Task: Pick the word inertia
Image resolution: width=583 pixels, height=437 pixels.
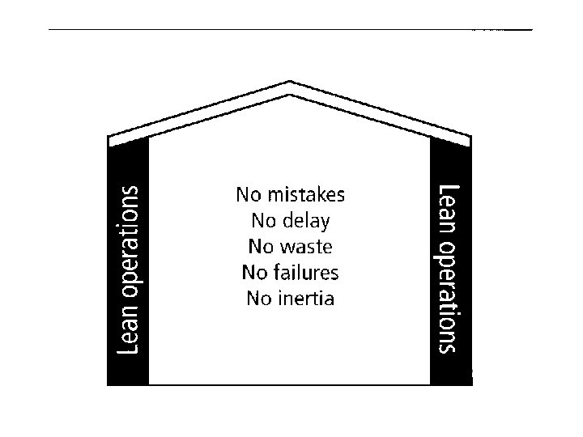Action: (x=306, y=298)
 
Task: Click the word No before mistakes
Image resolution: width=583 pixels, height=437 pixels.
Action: (x=248, y=195)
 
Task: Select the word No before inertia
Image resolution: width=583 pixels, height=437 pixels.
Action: (x=259, y=298)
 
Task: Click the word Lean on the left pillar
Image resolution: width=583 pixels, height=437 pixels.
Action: (x=130, y=333)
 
